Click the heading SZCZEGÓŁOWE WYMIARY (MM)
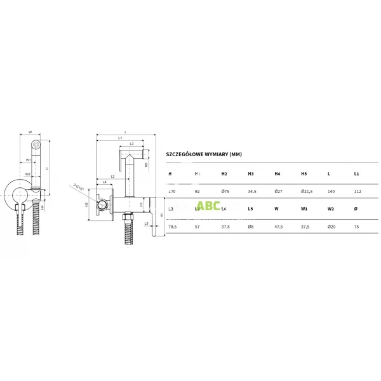tap(203, 154)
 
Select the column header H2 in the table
tap(224, 173)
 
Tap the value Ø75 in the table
tap(224, 190)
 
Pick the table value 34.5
tap(251, 190)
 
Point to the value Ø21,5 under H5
tap(305, 190)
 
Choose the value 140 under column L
tap(330, 190)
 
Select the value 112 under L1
tap(357, 190)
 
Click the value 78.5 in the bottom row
tap(172, 225)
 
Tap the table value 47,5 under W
tap(278, 225)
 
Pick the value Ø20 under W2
tap(331, 225)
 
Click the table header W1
tap(304, 208)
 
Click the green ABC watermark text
tap(208, 206)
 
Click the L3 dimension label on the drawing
tap(131, 144)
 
